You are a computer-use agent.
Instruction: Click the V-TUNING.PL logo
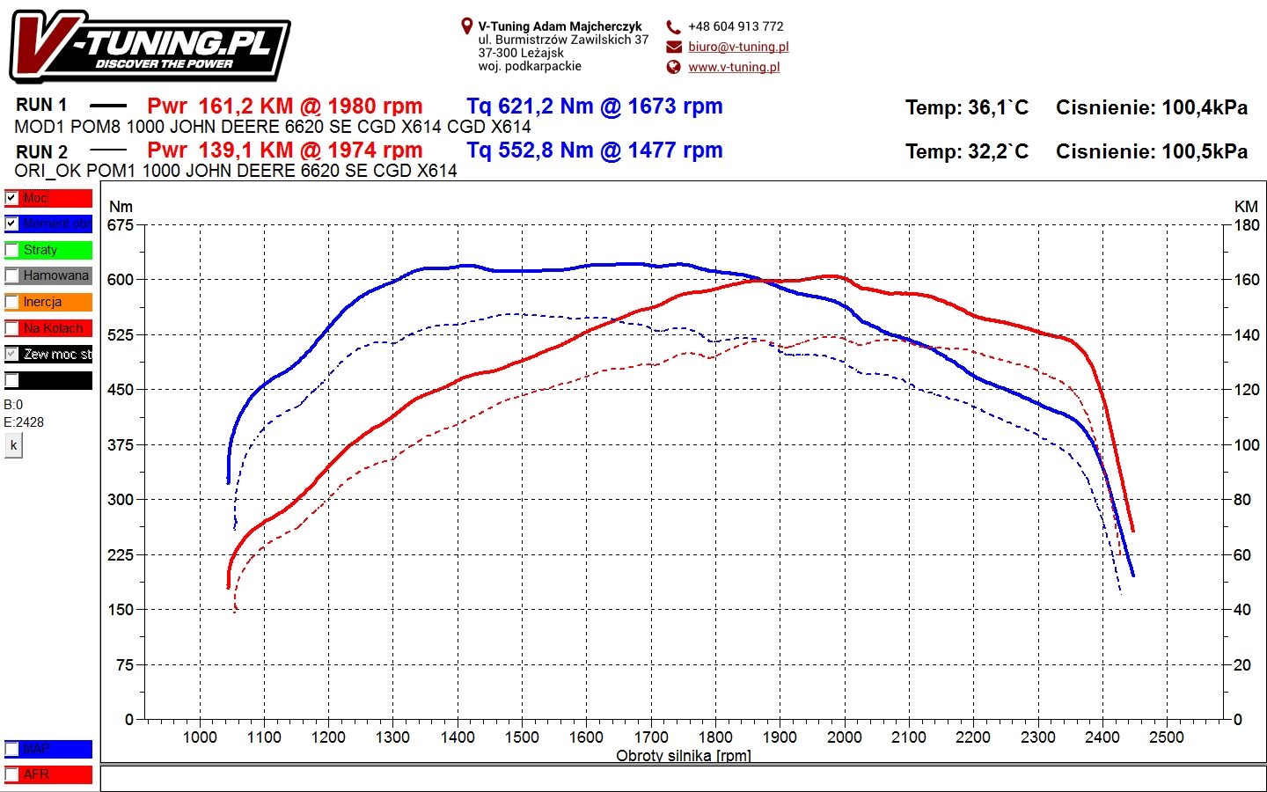150,47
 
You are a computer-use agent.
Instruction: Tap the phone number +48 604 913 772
736,26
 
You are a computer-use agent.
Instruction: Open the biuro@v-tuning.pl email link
738,47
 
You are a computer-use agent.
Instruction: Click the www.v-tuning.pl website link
734,67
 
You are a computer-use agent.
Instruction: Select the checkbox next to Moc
11,198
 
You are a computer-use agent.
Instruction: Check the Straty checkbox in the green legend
11,250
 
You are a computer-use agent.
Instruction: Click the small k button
13,445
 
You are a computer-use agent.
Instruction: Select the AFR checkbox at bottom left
11,774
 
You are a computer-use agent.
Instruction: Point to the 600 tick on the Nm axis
121,280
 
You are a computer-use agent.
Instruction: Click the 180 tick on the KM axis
1247,225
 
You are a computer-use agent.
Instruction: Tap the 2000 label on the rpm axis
844,737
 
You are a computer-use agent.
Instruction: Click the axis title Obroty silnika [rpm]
683,755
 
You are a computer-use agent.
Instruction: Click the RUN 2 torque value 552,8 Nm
594,150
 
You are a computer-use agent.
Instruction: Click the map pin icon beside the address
466,26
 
